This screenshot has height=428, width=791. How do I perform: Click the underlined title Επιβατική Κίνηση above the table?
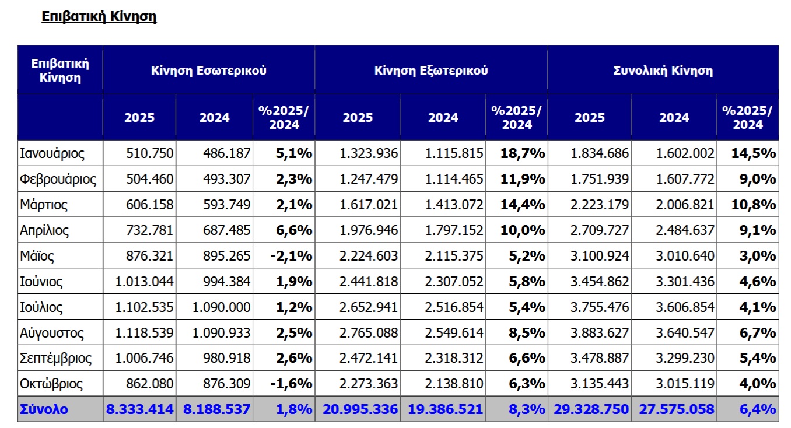(99, 16)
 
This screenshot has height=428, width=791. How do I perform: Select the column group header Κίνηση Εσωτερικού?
(208, 71)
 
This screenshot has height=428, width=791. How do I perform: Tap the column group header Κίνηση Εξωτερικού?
(431, 71)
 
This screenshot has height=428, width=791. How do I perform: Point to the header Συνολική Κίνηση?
(663, 71)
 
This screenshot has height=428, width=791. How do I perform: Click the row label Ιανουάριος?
(52, 154)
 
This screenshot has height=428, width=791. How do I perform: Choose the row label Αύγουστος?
(52, 333)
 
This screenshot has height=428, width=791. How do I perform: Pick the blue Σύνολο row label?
(44, 409)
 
